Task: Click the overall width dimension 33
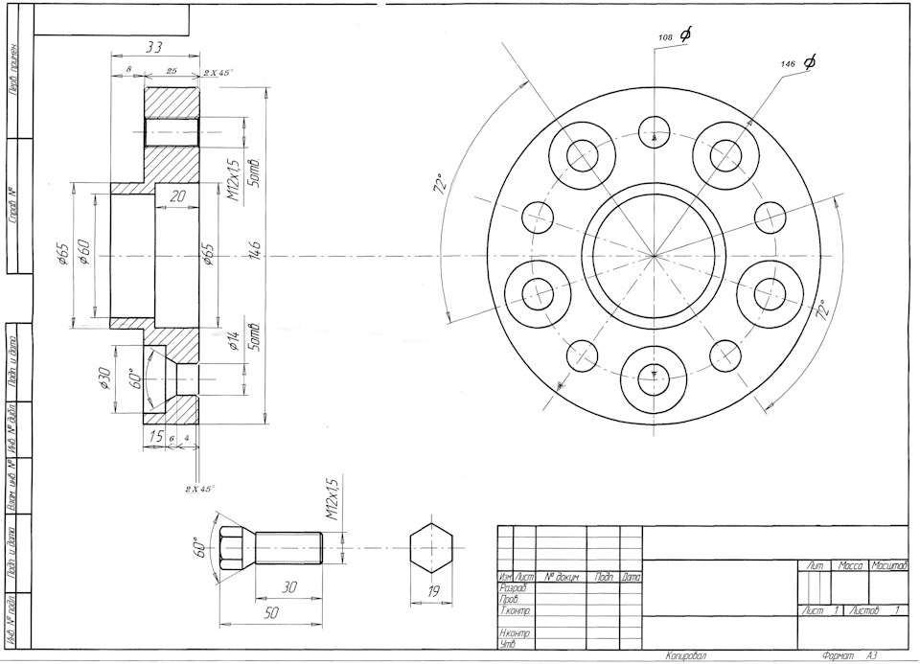tap(153, 46)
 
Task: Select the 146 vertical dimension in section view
tap(256, 256)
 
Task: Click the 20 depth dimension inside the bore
tap(175, 195)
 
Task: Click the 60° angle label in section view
tap(135, 379)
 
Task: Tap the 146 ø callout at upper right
tap(798, 63)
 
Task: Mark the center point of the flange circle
tap(654, 256)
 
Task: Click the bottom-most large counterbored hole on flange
tap(654, 377)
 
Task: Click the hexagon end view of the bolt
tap(430, 550)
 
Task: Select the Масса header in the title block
tap(851, 567)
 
